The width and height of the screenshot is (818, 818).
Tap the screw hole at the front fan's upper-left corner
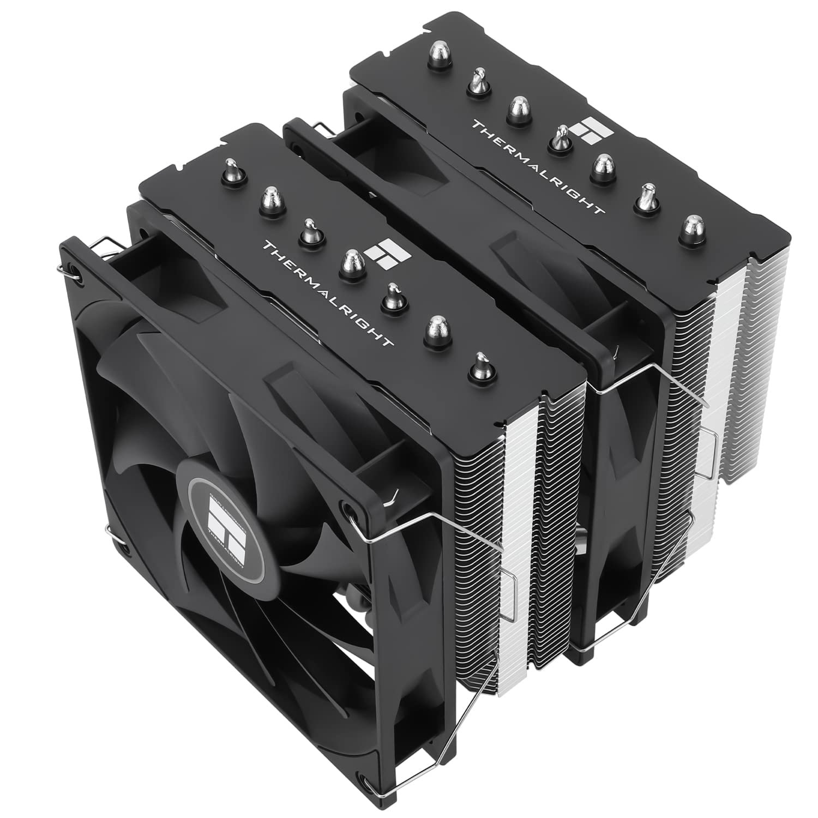coord(76,272)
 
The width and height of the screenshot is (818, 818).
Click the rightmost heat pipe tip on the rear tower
coord(691,226)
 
